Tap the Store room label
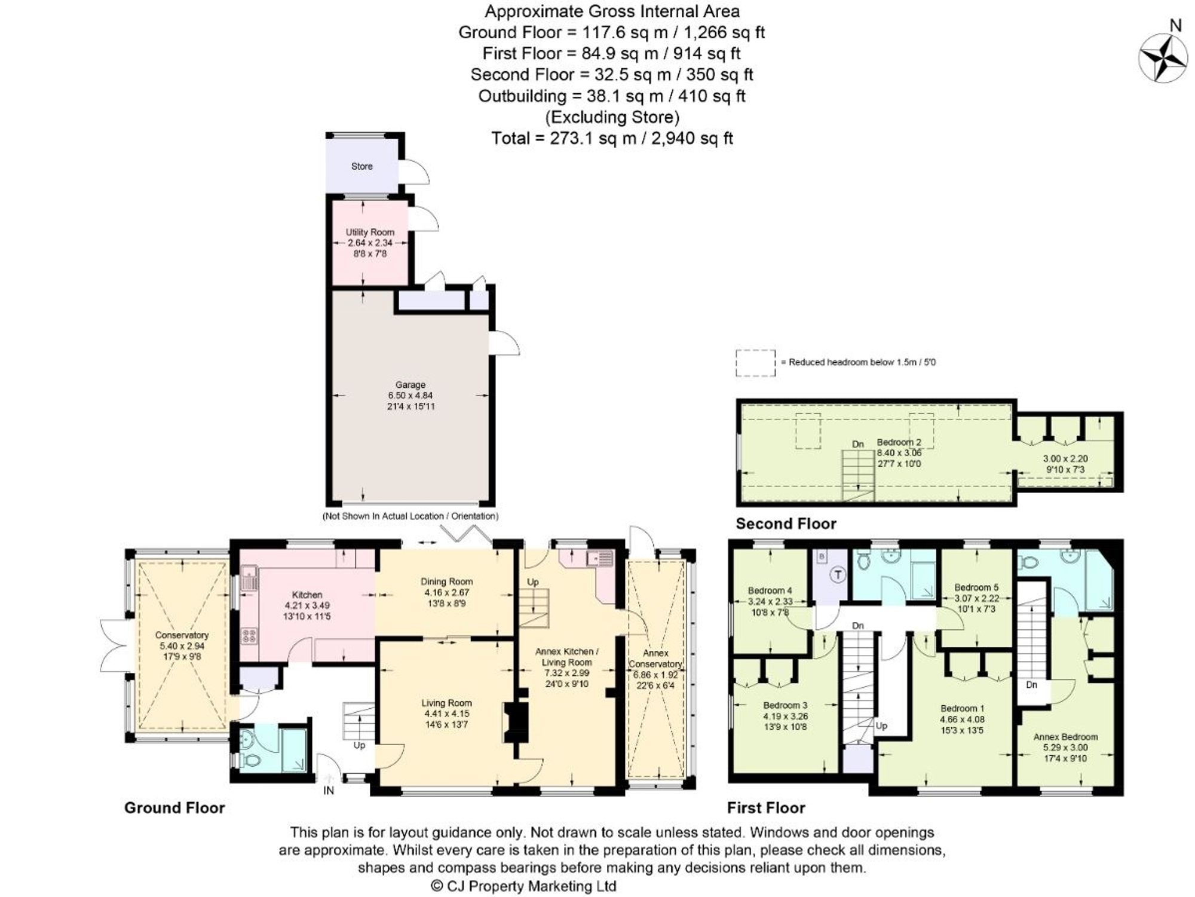362,166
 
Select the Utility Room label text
370,232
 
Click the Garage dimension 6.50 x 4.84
410,395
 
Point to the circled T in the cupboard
838,575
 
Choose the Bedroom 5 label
976,587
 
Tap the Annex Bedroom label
1065,737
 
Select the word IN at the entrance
329,791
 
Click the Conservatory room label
182,635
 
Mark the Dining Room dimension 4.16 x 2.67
446,592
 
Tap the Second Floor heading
786,523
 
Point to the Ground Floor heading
174,808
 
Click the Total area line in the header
612,138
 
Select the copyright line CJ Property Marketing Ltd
523,886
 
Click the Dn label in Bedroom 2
858,444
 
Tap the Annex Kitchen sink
600,558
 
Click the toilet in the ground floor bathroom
252,761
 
